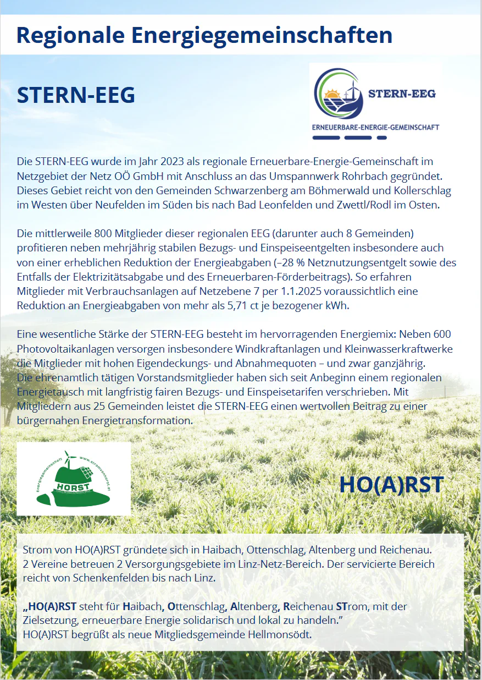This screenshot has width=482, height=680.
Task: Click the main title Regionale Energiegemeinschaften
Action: pos(204,35)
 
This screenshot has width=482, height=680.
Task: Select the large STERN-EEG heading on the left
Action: pos(76,95)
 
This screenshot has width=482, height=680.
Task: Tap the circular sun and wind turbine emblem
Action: pos(337,95)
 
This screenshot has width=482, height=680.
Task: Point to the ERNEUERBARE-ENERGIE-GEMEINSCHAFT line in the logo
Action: pos(375,127)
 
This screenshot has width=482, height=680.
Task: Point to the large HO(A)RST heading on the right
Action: pos(391,484)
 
